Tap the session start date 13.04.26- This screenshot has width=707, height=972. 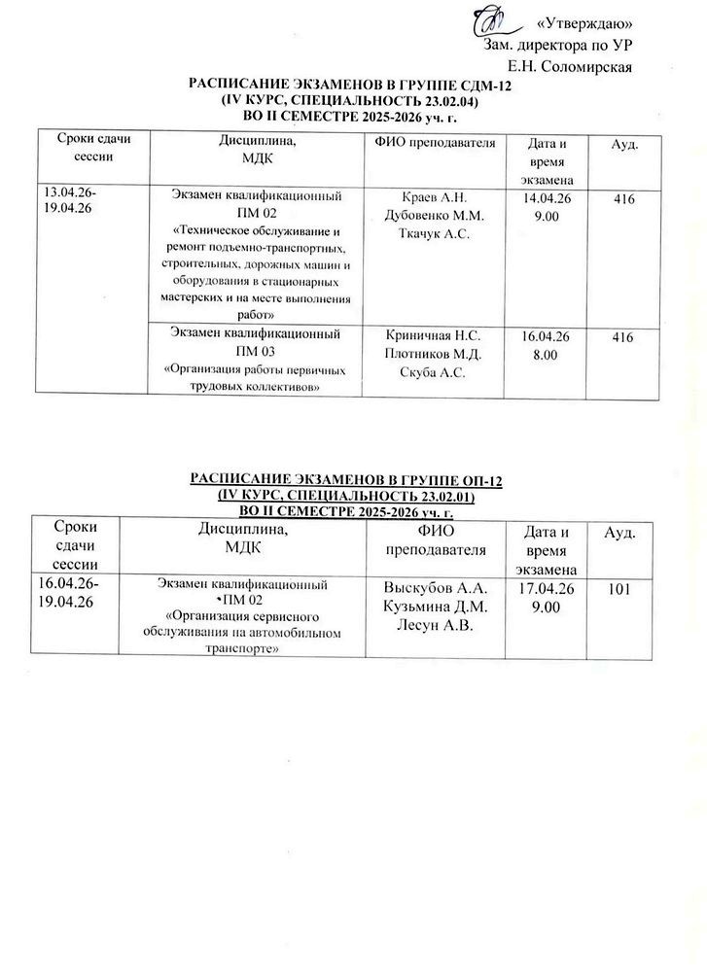point(64,192)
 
